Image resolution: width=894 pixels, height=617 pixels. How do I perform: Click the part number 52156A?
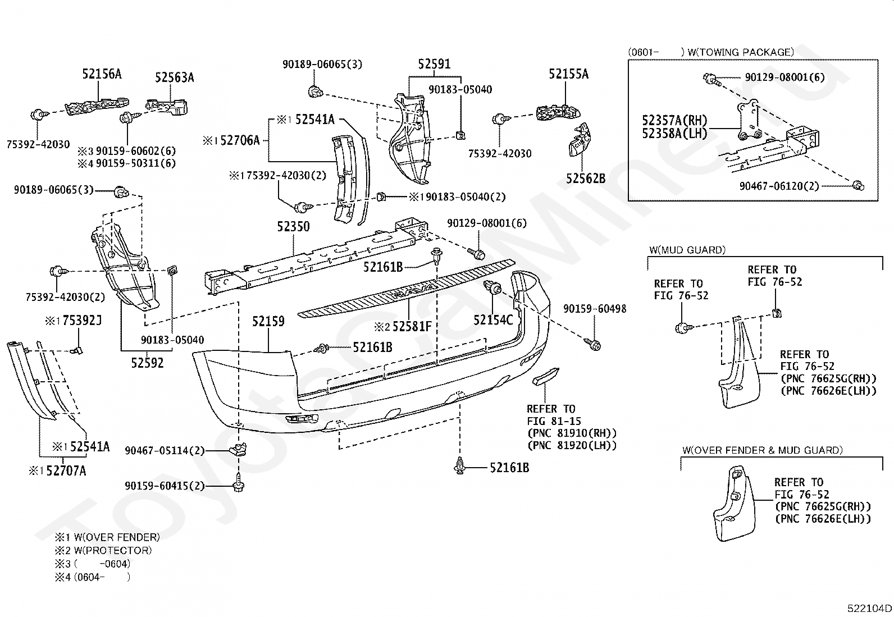pos(102,74)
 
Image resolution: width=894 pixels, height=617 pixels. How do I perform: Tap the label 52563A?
pos(175,77)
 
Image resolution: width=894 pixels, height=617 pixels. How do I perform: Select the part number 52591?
pos(434,64)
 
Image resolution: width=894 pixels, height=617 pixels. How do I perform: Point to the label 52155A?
pos(568,74)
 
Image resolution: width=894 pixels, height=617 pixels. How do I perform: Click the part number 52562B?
pos(586,179)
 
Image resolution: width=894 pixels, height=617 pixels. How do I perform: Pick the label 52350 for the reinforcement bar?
pos(293,227)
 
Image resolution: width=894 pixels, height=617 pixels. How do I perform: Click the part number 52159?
pos(268,321)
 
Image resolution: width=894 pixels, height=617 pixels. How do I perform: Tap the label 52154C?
pos(493,319)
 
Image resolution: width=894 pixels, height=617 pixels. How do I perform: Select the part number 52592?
pos(147,363)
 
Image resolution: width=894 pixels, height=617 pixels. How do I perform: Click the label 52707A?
pos(66,471)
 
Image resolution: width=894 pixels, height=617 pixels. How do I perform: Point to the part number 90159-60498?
pos(595,309)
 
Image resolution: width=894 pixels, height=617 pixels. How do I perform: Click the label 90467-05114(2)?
pos(165,451)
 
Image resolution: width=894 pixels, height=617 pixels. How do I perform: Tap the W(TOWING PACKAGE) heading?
pos(741,52)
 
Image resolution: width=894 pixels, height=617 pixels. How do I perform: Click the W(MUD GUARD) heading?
pos(687,250)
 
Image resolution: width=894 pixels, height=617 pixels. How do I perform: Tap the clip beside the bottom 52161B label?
pos(460,466)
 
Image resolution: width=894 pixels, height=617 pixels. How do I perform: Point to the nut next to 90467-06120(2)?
pos(858,185)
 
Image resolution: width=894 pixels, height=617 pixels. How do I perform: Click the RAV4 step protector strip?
pos(407,289)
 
